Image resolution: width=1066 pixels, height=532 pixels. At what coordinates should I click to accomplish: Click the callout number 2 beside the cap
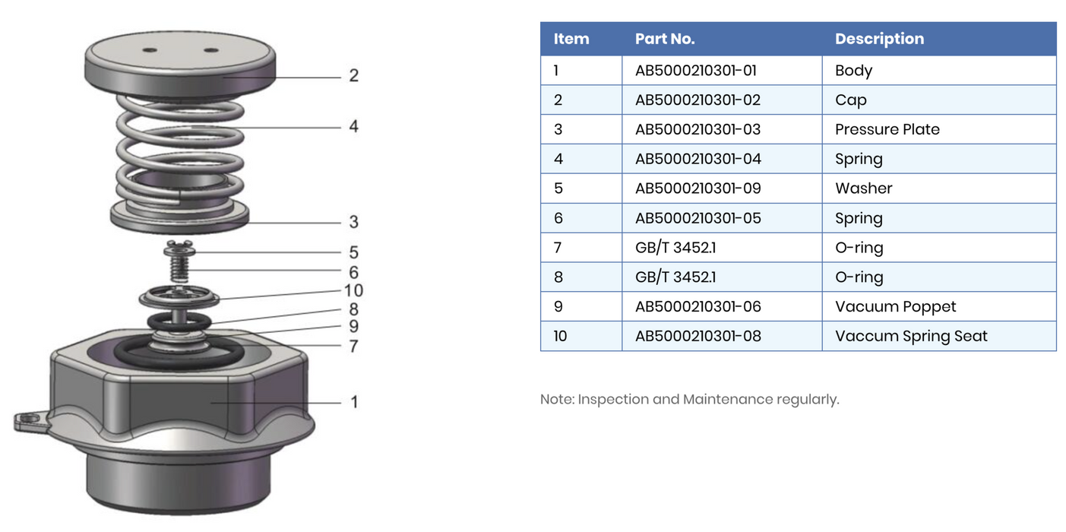point(353,76)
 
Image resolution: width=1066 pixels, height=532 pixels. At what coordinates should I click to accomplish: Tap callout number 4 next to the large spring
point(353,126)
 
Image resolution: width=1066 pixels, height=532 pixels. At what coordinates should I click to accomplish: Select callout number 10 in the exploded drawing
point(353,290)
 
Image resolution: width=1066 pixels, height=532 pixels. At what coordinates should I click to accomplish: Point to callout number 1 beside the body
point(353,401)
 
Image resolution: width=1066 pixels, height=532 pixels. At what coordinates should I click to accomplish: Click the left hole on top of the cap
point(150,51)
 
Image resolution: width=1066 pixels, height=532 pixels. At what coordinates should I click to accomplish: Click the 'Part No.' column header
point(665,39)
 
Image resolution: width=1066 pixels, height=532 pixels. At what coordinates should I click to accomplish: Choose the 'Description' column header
point(879,39)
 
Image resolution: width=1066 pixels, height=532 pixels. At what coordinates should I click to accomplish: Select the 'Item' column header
point(571,39)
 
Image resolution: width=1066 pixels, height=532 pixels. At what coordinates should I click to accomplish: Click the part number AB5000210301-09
point(697,188)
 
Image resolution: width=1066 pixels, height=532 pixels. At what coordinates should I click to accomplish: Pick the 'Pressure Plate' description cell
point(887,129)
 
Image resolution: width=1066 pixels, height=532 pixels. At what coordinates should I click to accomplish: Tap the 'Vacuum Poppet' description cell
point(895,306)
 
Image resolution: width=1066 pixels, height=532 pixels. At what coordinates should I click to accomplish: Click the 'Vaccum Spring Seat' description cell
point(911,336)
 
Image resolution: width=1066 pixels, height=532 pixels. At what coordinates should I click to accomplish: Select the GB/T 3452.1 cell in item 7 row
point(675,248)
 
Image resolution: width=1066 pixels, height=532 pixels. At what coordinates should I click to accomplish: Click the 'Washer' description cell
point(863,188)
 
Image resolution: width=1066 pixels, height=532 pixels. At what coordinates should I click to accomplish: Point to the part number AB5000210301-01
point(696,71)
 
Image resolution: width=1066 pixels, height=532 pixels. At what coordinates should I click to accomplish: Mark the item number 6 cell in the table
point(558,218)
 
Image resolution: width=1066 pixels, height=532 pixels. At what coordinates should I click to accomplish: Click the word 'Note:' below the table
point(557,400)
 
